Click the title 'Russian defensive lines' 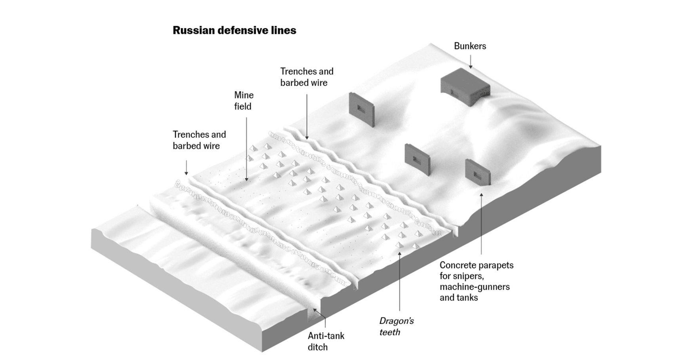(x=234, y=30)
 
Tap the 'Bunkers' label (x=470, y=46)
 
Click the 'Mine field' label (x=244, y=101)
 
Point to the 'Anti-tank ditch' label (x=326, y=341)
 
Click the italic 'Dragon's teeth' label (x=396, y=326)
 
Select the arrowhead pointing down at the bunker (x=471, y=67)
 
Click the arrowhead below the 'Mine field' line (x=247, y=179)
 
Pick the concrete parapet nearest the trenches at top (x=361, y=109)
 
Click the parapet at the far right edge (x=477, y=172)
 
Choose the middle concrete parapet (x=417, y=159)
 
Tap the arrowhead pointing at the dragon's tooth (x=399, y=254)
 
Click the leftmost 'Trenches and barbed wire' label (x=199, y=140)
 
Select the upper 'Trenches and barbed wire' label (x=307, y=77)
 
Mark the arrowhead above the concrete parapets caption (x=481, y=194)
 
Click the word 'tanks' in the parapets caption (x=467, y=297)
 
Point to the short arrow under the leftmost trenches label (x=186, y=168)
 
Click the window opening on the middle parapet (x=415, y=159)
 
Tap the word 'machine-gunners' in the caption (x=474, y=287)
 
